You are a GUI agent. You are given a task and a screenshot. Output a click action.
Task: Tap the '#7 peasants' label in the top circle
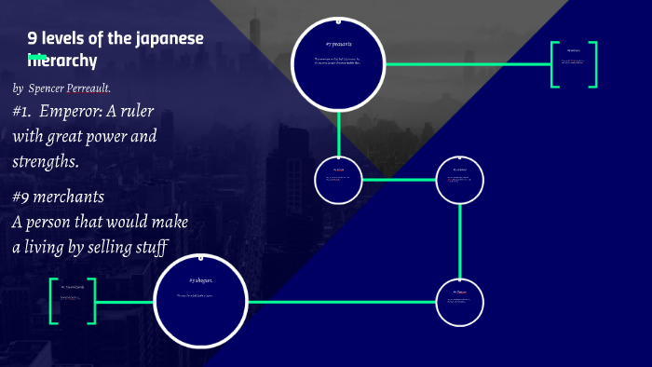pos(339,44)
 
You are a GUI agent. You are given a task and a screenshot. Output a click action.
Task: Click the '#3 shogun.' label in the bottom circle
pos(201,279)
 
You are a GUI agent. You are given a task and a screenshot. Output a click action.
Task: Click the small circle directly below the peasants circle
pos(338,179)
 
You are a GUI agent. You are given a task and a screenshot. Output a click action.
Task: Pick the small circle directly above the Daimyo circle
pos(460,179)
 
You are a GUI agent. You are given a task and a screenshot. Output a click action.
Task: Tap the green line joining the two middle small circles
pos(399,179)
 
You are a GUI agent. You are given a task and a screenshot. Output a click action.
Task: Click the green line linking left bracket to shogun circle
pos(125,302)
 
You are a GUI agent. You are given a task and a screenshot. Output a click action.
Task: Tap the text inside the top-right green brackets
pos(573,61)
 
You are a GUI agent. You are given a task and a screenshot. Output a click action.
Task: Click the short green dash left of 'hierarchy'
pos(37,58)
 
